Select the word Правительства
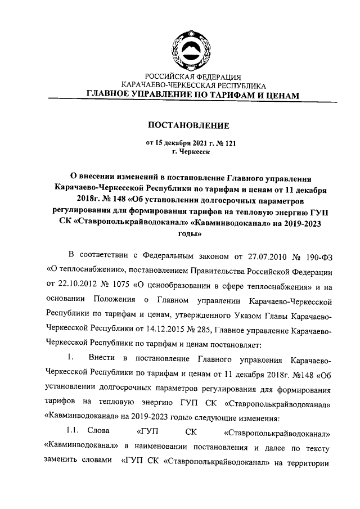tap(196, 273)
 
